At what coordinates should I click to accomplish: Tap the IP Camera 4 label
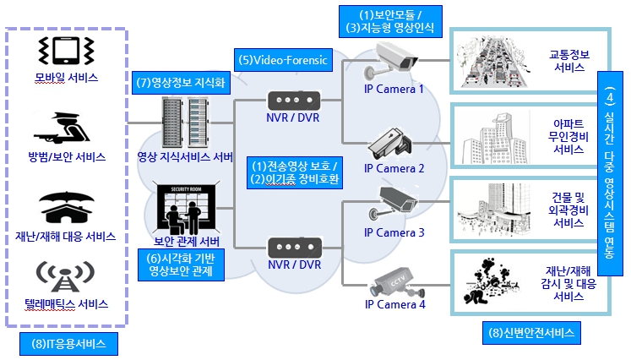point(394,304)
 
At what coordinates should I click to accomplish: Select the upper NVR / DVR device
point(293,99)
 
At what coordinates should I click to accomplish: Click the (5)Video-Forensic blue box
point(281,61)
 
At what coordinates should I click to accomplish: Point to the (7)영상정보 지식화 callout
point(181,82)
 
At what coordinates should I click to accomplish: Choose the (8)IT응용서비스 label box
point(69,345)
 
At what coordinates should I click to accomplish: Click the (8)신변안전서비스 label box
point(532,333)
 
